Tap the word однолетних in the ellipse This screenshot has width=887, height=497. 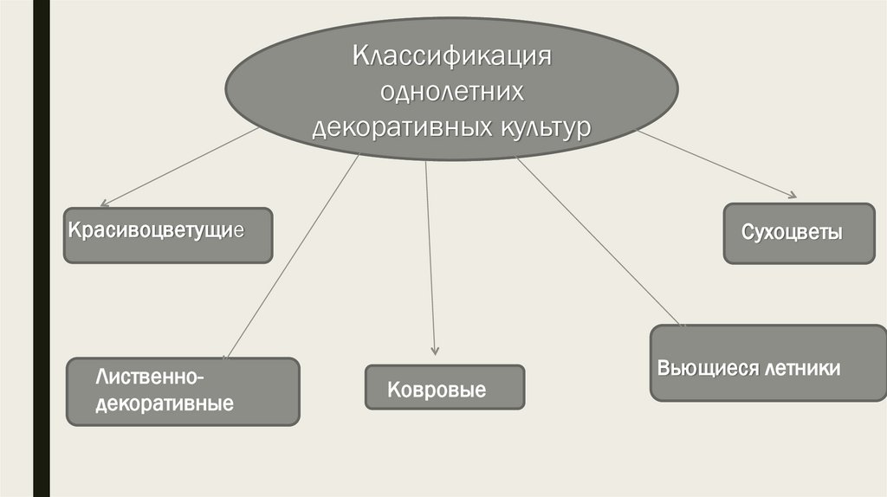(x=451, y=94)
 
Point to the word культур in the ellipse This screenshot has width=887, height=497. (x=542, y=126)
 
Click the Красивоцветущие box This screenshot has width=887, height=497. (x=168, y=235)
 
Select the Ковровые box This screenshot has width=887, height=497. (x=444, y=387)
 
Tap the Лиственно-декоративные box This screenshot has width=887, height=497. (x=183, y=391)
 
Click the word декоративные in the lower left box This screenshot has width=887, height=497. (x=165, y=403)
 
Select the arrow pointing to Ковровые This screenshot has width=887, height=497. (x=430, y=260)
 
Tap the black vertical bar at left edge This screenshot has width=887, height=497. (x=41, y=248)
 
